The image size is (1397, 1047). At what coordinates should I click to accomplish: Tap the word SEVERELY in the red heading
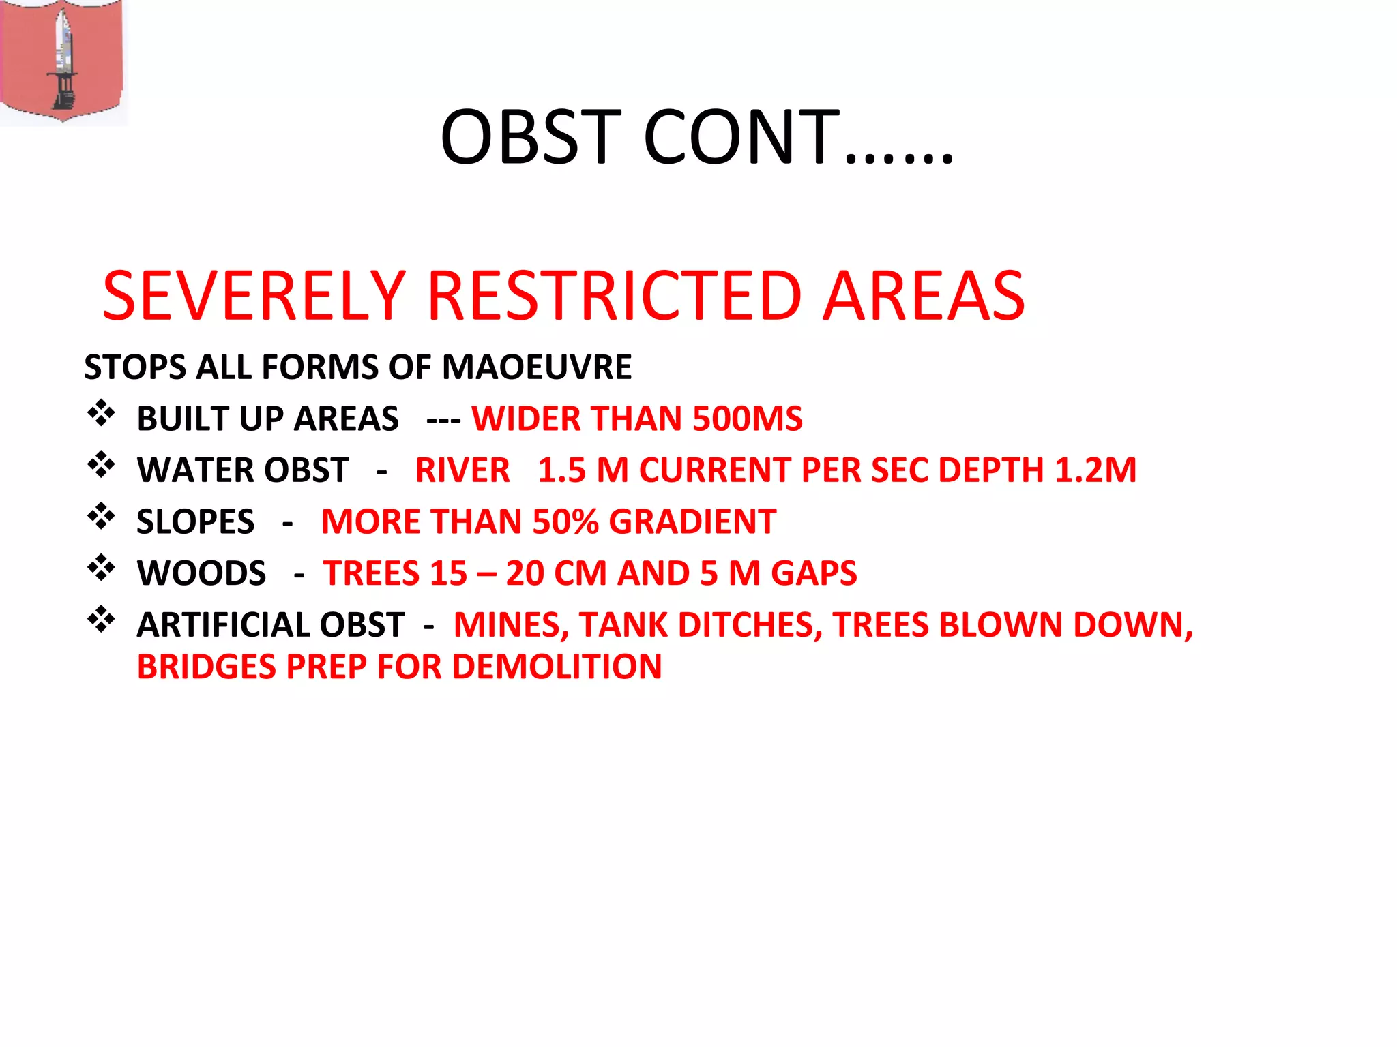tap(254, 296)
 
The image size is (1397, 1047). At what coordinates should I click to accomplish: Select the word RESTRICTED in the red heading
tap(614, 296)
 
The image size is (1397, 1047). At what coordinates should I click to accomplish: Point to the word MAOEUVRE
tap(537, 367)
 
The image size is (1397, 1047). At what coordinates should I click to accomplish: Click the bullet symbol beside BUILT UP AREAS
tap(101, 413)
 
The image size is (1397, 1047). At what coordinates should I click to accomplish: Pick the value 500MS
tap(747, 419)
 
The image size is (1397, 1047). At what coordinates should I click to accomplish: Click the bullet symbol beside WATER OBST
tap(101, 465)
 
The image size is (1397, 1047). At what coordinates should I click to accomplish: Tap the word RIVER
tap(462, 470)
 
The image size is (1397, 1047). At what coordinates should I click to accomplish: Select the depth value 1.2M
tap(1095, 470)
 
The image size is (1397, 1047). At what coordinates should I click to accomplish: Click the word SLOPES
tap(195, 522)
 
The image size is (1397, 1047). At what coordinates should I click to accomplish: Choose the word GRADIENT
tap(692, 522)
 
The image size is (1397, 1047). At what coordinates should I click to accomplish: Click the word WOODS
tap(201, 573)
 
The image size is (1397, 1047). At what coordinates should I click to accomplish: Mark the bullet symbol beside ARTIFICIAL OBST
tap(101, 620)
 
